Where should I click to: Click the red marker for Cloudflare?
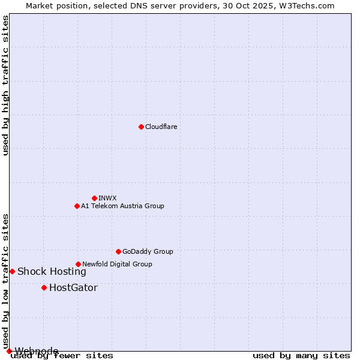tap(141, 127)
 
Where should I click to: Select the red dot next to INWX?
tap(94, 198)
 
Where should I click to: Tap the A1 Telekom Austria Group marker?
tap(77, 206)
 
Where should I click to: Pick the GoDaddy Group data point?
tap(118, 251)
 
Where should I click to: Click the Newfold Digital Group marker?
tap(78, 264)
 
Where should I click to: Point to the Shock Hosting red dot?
tap(12, 271)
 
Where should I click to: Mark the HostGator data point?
tap(44, 287)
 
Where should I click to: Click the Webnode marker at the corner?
tap(9, 351)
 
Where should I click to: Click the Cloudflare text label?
tap(161, 127)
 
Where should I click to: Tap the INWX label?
tap(107, 198)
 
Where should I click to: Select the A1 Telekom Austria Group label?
tap(122, 206)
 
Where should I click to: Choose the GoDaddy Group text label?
tap(148, 251)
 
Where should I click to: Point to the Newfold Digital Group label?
tap(117, 264)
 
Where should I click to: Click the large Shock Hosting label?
tap(52, 271)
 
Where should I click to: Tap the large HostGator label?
tap(73, 287)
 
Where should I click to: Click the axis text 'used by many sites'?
tap(301, 356)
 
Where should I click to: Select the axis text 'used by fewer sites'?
tap(62, 356)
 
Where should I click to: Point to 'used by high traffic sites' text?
tap(5, 85)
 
